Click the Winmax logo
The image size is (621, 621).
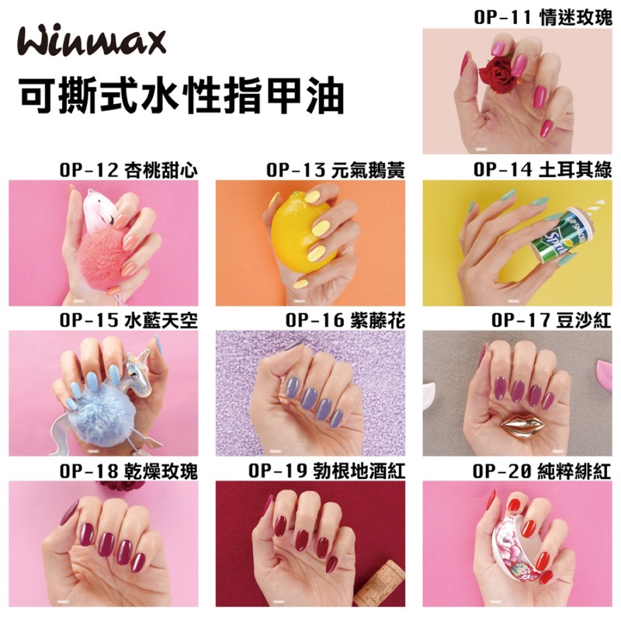(92, 43)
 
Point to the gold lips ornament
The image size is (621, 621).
(522, 425)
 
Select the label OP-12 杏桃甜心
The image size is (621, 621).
(128, 171)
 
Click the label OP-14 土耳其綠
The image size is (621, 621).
(543, 170)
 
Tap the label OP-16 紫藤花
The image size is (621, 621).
(345, 321)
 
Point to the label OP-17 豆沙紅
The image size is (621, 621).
(552, 321)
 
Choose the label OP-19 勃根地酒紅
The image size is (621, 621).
(327, 471)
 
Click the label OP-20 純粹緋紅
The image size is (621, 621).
(542, 471)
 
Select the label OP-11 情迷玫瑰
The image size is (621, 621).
(543, 18)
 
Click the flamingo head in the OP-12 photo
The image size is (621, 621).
(100, 209)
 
